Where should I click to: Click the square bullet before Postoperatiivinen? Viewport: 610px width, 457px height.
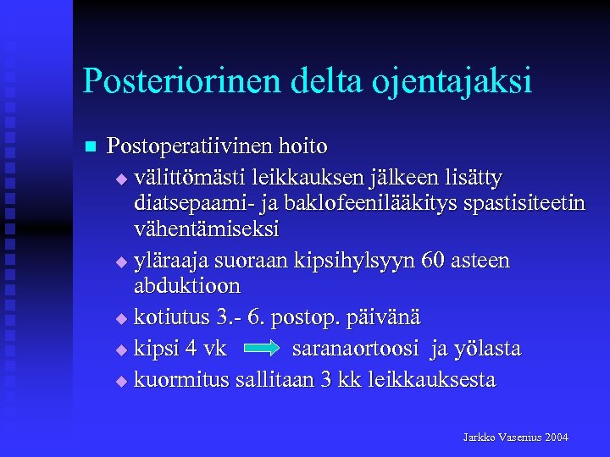coord(91,147)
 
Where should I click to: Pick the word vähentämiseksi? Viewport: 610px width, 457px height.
coord(207,229)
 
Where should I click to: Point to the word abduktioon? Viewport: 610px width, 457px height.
coord(187,286)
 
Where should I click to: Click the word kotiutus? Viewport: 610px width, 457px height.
coord(175,318)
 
